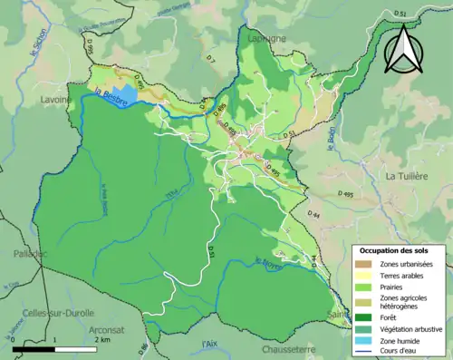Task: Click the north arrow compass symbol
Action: click(x=402, y=49)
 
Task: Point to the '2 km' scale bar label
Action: click(x=103, y=339)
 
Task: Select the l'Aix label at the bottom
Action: click(x=209, y=343)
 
